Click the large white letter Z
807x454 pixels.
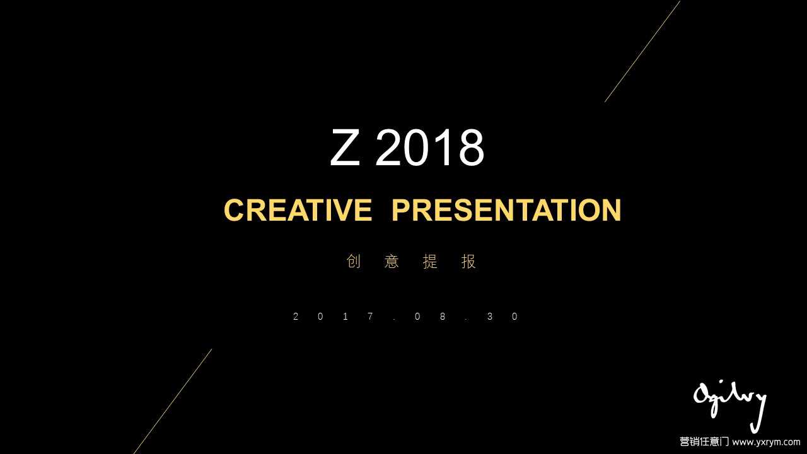pos(345,148)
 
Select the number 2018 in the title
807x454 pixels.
pos(430,148)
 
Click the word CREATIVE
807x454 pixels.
pos(298,210)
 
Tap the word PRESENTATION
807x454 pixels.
pos(506,210)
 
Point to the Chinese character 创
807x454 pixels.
pos(354,261)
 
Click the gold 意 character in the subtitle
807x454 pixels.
pos(392,261)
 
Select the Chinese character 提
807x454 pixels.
pos(430,261)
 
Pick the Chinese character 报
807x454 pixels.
pos(468,261)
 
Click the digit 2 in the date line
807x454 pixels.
pos(296,317)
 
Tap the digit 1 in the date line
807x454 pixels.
pos(345,317)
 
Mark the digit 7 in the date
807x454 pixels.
pos(370,317)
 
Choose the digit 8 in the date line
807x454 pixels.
pos(443,317)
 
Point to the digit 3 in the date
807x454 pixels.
pos(490,317)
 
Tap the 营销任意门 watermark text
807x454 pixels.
pos(704,442)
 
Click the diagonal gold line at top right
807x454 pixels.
pos(642,51)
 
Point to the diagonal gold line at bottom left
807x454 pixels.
pos(173,401)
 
